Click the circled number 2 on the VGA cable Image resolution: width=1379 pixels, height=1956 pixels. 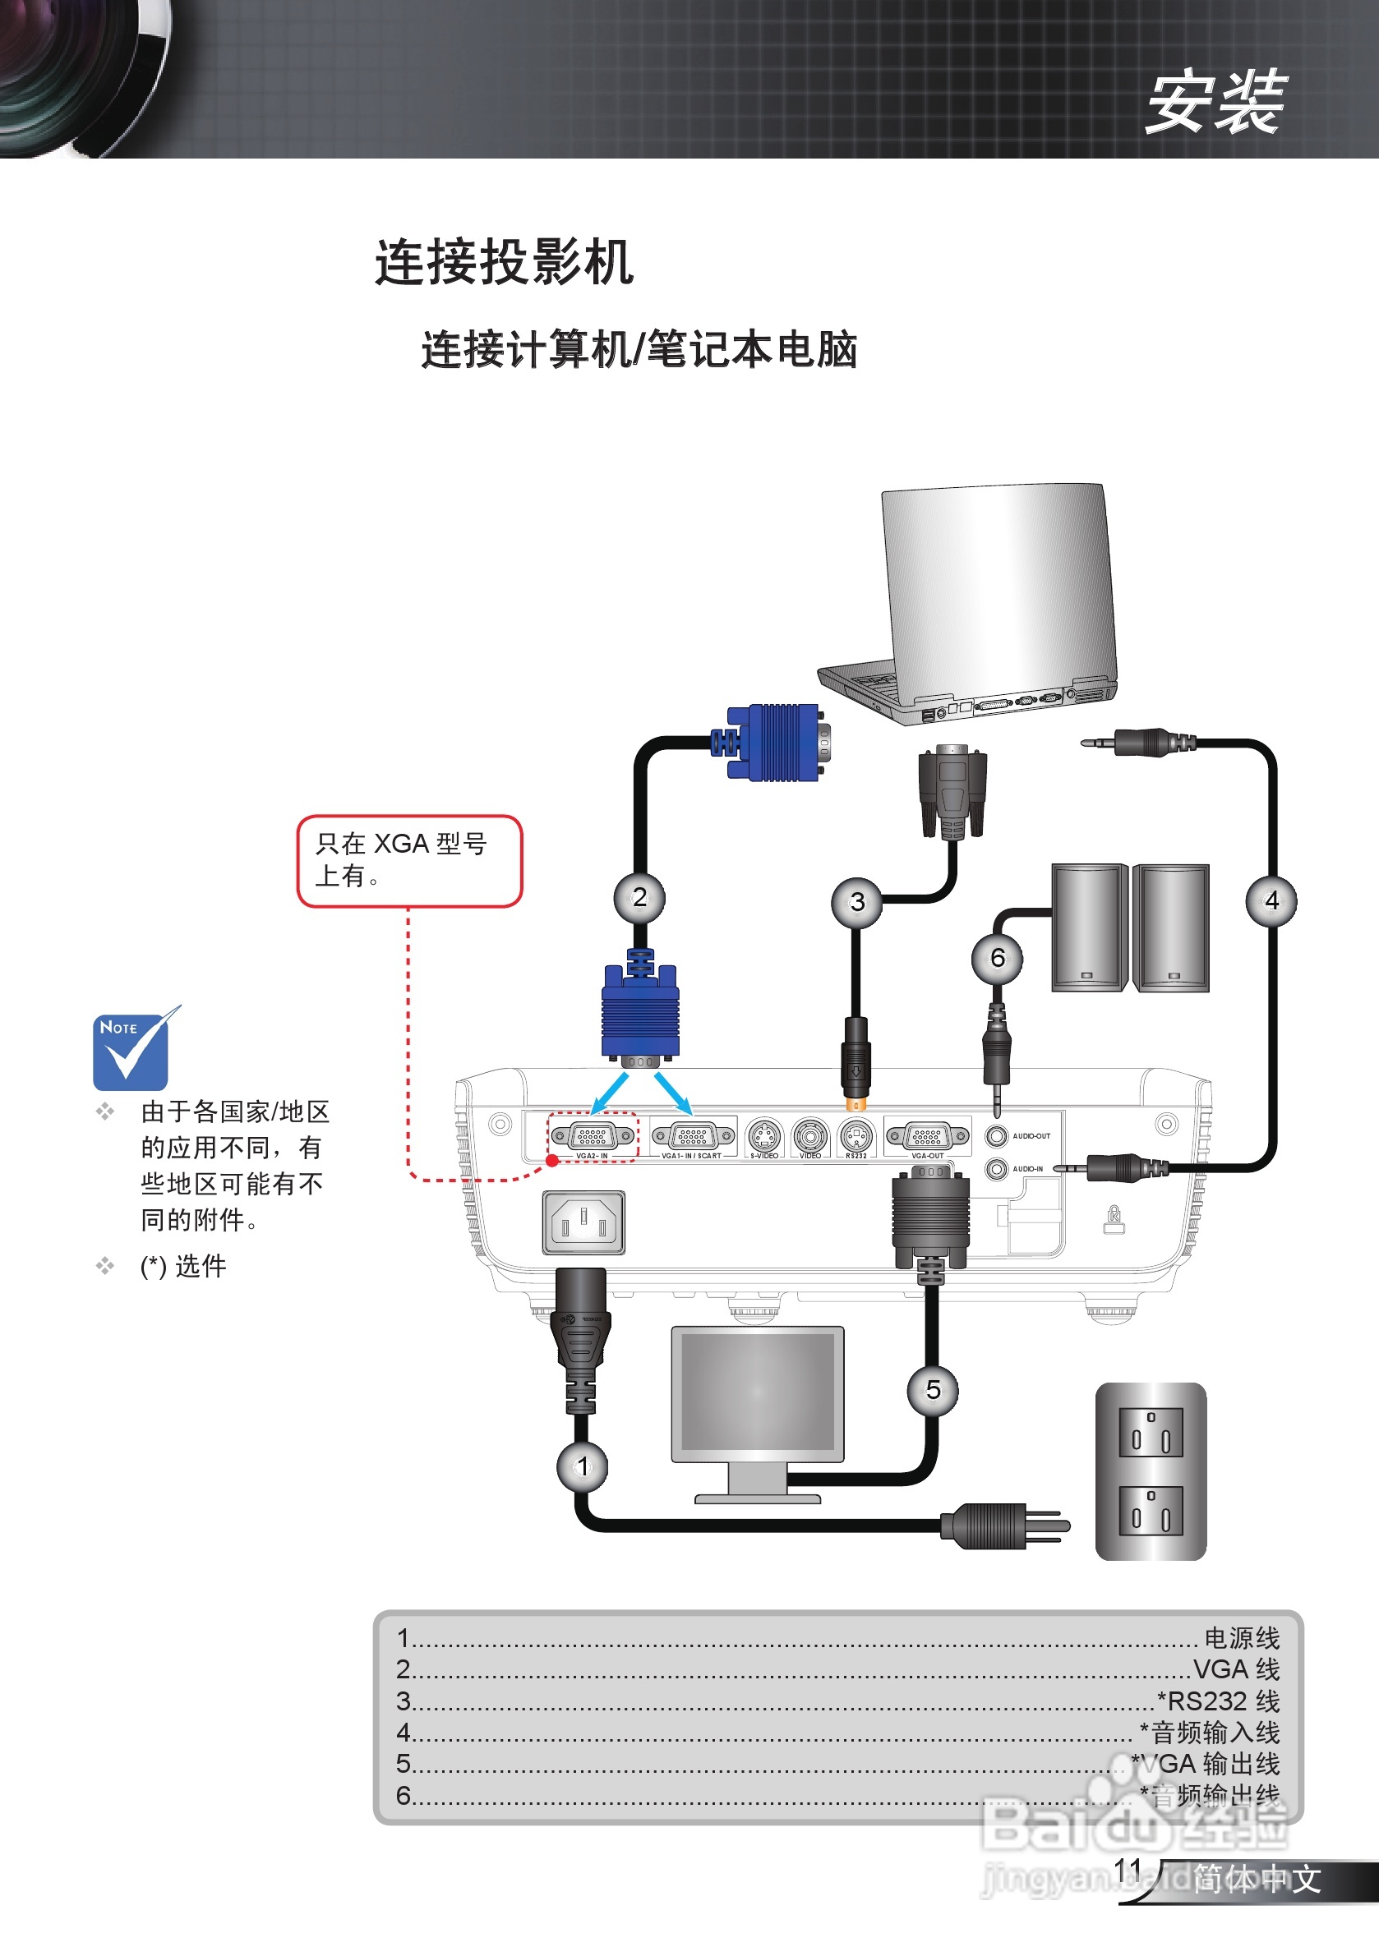(x=639, y=897)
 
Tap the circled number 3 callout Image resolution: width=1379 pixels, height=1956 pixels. (x=856, y=902)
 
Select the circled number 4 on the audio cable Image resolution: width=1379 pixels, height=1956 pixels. (x=1271, y=900)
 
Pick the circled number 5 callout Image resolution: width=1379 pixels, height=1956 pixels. (x=933, y=1390)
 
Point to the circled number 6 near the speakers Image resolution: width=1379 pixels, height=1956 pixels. (x=997, y=959)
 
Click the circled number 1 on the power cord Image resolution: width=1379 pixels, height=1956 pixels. (x=582, y=1466)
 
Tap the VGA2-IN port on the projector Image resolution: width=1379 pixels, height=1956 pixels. (x=593, y=1135)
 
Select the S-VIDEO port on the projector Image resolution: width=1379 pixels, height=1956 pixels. (x=763, y=1135)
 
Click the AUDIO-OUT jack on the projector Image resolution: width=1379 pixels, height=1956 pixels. (x=996, y=1135)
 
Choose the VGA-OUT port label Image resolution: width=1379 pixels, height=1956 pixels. (x=927, y=1156)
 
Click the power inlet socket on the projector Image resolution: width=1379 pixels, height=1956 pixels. (x=583, y=1223)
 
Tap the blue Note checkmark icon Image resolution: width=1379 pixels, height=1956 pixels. (x=131, y=1050)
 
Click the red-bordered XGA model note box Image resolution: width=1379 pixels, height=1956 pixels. (x=409, y=860)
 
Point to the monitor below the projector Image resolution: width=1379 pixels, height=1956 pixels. (x=758, y=1394)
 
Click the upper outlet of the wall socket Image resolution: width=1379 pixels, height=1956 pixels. (x=1151, y=1433)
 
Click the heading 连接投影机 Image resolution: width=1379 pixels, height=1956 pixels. (x=504, y=261)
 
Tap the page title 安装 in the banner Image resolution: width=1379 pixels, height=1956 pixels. (x=1215, y=102)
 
